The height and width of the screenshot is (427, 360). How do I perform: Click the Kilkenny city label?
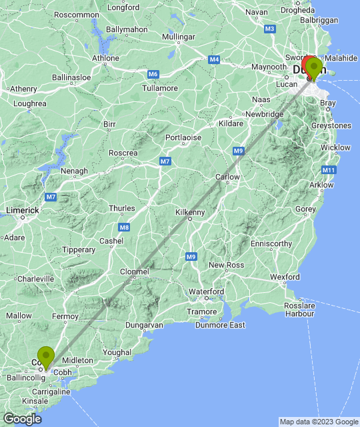(x=190, y=212)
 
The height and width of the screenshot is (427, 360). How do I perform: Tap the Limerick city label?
(x=23, y=210)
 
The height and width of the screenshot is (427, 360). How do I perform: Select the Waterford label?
(x=206, y=292)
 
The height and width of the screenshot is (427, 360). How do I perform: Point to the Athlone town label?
(x=105, y=58)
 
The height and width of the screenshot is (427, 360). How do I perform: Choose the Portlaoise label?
(x=183, y=137)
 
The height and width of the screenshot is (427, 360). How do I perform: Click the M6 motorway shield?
(x=153, y=73)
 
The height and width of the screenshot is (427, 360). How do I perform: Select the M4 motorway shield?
(x=214, y=60)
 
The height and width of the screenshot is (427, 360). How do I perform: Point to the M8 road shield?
(x=125, y=228)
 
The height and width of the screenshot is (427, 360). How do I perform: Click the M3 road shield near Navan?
(x=269, y=29)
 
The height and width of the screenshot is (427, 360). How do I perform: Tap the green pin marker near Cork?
(x=46, y=356)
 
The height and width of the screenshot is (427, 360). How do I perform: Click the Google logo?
(x=21, y=419)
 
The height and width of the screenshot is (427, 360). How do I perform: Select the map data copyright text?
(x=318, y=422)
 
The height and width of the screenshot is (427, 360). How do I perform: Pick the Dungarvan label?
(x=145, y=325)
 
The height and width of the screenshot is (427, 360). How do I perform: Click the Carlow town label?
(x=227, y=177)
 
